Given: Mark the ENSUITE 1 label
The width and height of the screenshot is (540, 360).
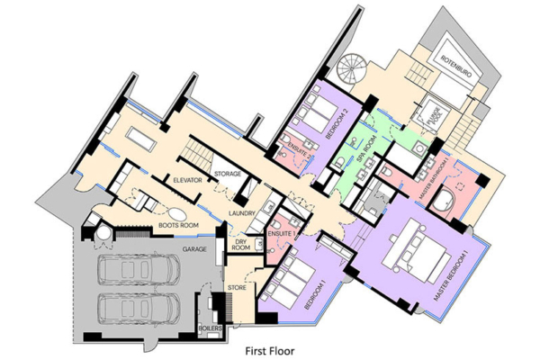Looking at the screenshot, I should (280, 234).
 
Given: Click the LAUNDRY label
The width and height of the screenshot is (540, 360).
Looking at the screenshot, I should (243, 213).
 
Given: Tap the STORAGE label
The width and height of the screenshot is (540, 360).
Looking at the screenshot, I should (224, 173).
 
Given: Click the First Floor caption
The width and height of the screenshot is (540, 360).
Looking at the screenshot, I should (270, 344).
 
